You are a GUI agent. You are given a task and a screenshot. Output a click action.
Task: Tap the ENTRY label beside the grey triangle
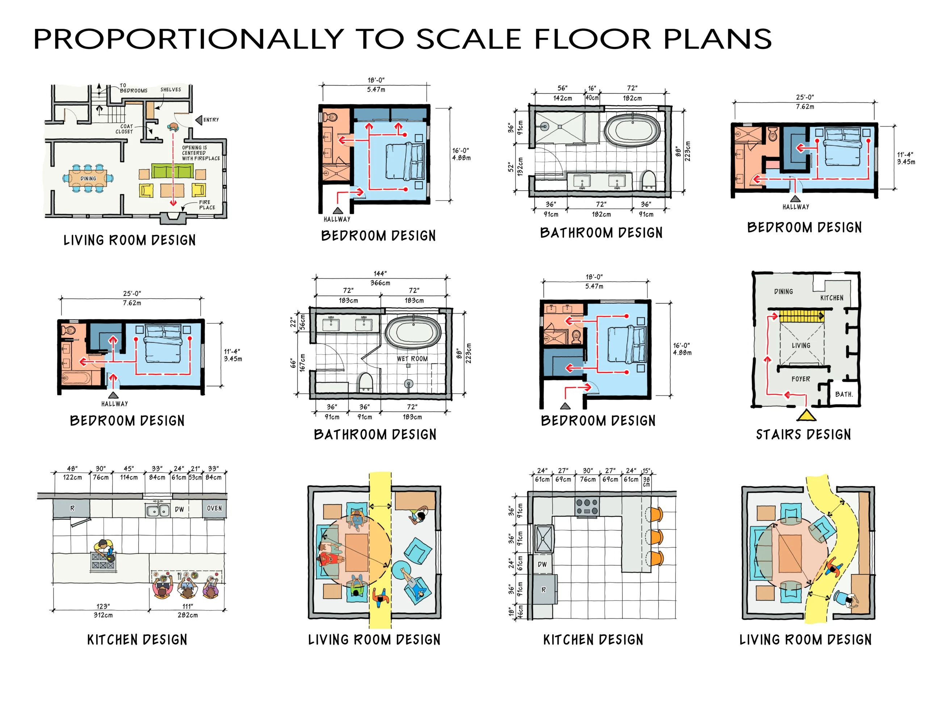[x=211, y=120]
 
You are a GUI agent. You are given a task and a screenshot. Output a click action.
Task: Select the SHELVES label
[x=171, y=90]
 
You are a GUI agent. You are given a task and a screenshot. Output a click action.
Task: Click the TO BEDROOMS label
[x=133, y=88]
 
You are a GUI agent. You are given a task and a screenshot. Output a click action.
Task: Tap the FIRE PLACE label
[x=207, y=205]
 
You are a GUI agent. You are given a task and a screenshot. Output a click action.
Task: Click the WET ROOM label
[x=412, y=359]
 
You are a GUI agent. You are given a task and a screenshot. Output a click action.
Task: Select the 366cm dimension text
[x=380, y=283]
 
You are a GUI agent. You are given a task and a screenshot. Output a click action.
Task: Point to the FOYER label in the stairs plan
[x=801, y=379]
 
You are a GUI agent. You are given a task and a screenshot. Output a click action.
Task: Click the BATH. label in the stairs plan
[x=844, y=394]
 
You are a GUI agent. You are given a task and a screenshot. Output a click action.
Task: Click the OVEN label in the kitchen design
[x=214, y=508]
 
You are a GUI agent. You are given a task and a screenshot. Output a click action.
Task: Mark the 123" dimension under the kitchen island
[x=103, y=607]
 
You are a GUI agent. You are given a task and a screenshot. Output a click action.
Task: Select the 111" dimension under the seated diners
[x=187, y=607]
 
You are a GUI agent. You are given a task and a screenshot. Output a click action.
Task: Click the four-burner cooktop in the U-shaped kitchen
[x=587, y=507]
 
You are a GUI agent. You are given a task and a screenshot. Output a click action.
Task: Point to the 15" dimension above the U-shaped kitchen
[x=646, y=471]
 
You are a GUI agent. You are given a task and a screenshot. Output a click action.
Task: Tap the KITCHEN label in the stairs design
[x=831, y=298]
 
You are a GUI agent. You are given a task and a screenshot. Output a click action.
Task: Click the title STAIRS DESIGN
[x=803, y=434]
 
